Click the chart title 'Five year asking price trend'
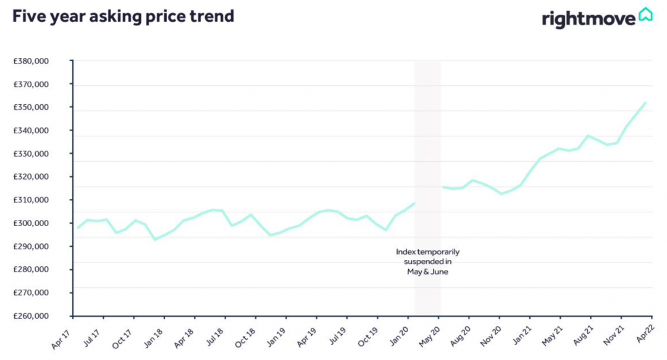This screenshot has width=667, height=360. coord(124,16)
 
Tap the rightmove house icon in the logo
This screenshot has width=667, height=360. coord(645,14)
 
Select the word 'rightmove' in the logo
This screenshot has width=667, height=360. coord(589,19)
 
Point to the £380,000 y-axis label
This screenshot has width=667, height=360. coord(31,61)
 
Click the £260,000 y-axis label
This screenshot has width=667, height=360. coord(31,316)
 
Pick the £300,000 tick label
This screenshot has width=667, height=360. coord(31,224)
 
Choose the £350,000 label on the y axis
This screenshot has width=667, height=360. coord(31,107)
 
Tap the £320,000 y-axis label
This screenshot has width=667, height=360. coord(31,177)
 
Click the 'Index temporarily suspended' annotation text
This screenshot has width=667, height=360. coord(427,262)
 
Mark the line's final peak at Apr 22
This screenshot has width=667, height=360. coord(645,103)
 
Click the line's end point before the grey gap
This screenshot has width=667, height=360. coord(414,203)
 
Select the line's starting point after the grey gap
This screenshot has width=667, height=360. coord(443,186)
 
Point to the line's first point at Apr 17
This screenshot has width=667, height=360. coord(78,228)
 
